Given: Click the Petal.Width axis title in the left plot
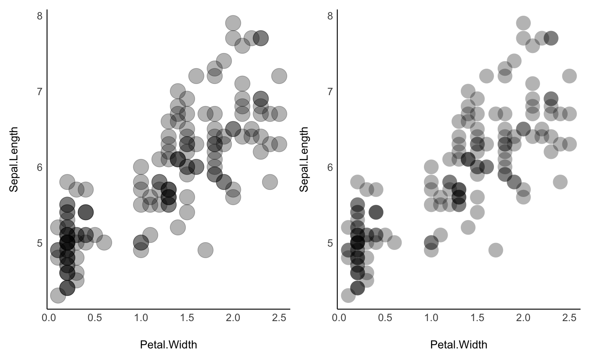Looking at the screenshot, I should click(x=169, y=344).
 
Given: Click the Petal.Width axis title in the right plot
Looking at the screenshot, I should click(x=459, y=344).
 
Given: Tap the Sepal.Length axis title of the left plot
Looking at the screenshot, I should click(x=14, y=159).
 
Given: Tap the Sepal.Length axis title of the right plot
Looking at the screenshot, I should click(x=304, y=159).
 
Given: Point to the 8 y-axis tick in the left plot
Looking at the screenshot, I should click(x=40, y=16).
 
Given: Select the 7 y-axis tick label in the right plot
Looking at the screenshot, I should click(x=330, y=91).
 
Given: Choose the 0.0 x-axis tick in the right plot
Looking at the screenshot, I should click(x=339, y=318).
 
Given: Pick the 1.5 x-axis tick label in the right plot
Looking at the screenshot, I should click(x=477, y=318).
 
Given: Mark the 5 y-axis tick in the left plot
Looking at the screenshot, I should click(x=40, y=242).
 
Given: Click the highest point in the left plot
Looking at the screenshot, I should click(x=233, y=23).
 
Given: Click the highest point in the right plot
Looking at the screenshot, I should click(x=523, y=23).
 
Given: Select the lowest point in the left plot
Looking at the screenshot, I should click(x=58, y=295).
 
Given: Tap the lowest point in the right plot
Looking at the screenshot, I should click(x=348, y=295).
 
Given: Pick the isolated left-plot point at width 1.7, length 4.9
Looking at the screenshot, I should click(x=205, y=250).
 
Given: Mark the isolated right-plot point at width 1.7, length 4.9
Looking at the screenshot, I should click(x=496, y=250).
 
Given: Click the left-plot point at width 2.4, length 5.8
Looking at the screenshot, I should click(x=270, y=182).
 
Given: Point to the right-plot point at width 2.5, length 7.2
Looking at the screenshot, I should click(x=570, y=76).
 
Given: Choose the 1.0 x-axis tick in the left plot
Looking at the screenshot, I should click(x=141, y=318).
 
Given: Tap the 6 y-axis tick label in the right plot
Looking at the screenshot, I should click(x=330, y=167).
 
